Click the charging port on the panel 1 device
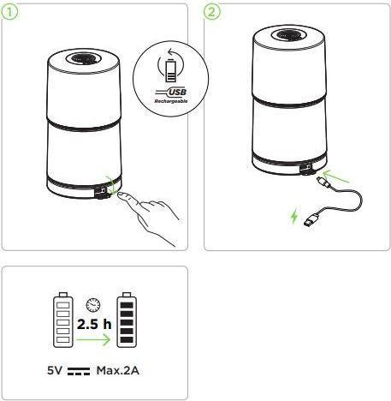pyautogui.click(x=102, y=191)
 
